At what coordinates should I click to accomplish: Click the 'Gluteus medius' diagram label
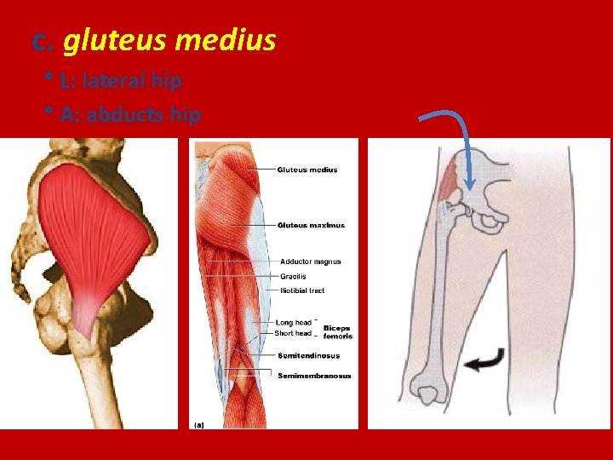click(x=307, y=170)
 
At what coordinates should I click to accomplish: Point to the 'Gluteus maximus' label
click(x=311, y=225)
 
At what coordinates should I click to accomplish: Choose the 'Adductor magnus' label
click(x=311, y=262)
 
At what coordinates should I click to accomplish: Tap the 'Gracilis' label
click(x=294, y=276)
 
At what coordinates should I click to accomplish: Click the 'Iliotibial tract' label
click(x=303, y=290)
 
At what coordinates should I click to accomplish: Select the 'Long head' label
click(x=293, y=323)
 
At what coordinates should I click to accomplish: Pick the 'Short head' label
click(x=293, y=333)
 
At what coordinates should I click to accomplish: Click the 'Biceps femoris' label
click(x=337, y=332)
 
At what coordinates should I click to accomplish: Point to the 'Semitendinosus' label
click(x=307, y=355)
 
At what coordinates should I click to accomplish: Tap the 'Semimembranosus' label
click(x=314, y=376)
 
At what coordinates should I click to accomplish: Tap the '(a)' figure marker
click(x=198, y=423)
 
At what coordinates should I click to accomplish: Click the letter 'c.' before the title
click(x=43, y=40)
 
